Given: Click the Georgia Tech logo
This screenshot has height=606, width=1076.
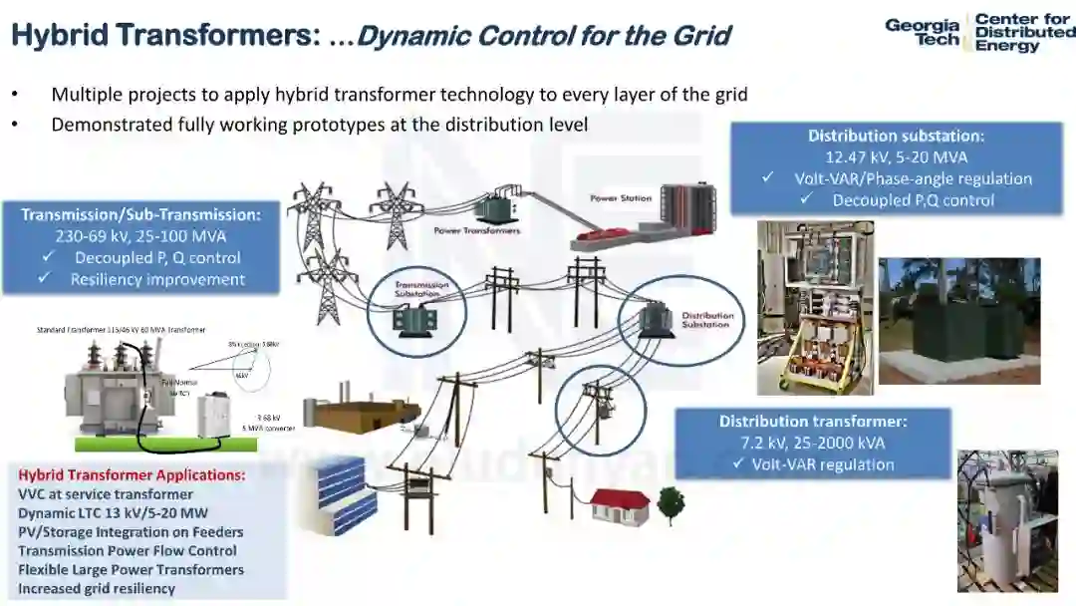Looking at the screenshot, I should click(x=923, y=32).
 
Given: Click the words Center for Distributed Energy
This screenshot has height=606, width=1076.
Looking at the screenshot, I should click(x=1023, y=32).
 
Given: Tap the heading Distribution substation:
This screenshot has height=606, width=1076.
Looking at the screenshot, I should click(x=896, y=136).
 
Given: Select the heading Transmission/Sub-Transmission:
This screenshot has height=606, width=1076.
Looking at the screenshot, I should click(x=140, y=214).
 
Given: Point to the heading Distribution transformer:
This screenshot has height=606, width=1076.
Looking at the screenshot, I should click(x=813, y=421).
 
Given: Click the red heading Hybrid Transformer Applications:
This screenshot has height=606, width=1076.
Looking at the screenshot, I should click(x=132, y=475).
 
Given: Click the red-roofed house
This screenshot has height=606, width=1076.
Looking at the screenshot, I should click(x=620, y=503).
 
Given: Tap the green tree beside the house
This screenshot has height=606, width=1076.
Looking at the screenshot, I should click(x=670, y=500).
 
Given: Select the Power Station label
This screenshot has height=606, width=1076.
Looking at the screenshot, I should click(x=621, y=198).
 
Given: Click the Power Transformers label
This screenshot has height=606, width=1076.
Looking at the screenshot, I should click(x=476, y=230).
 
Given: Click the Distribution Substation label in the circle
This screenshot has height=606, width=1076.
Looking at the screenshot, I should click(x=706, y=320).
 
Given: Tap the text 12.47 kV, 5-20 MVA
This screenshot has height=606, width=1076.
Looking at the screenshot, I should click(x=896, y=156).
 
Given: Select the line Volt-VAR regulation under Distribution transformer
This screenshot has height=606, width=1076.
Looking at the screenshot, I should click(x=813, y=464).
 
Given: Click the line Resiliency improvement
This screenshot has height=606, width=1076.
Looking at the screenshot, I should click(x=156, y=279).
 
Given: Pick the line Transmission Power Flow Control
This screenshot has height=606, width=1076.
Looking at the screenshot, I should click(x=128, y=551).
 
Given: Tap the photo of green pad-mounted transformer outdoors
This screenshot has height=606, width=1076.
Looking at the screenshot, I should click(x=958, y=321).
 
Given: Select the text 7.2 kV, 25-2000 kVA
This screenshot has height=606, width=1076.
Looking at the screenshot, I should click(x=813, y=443).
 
